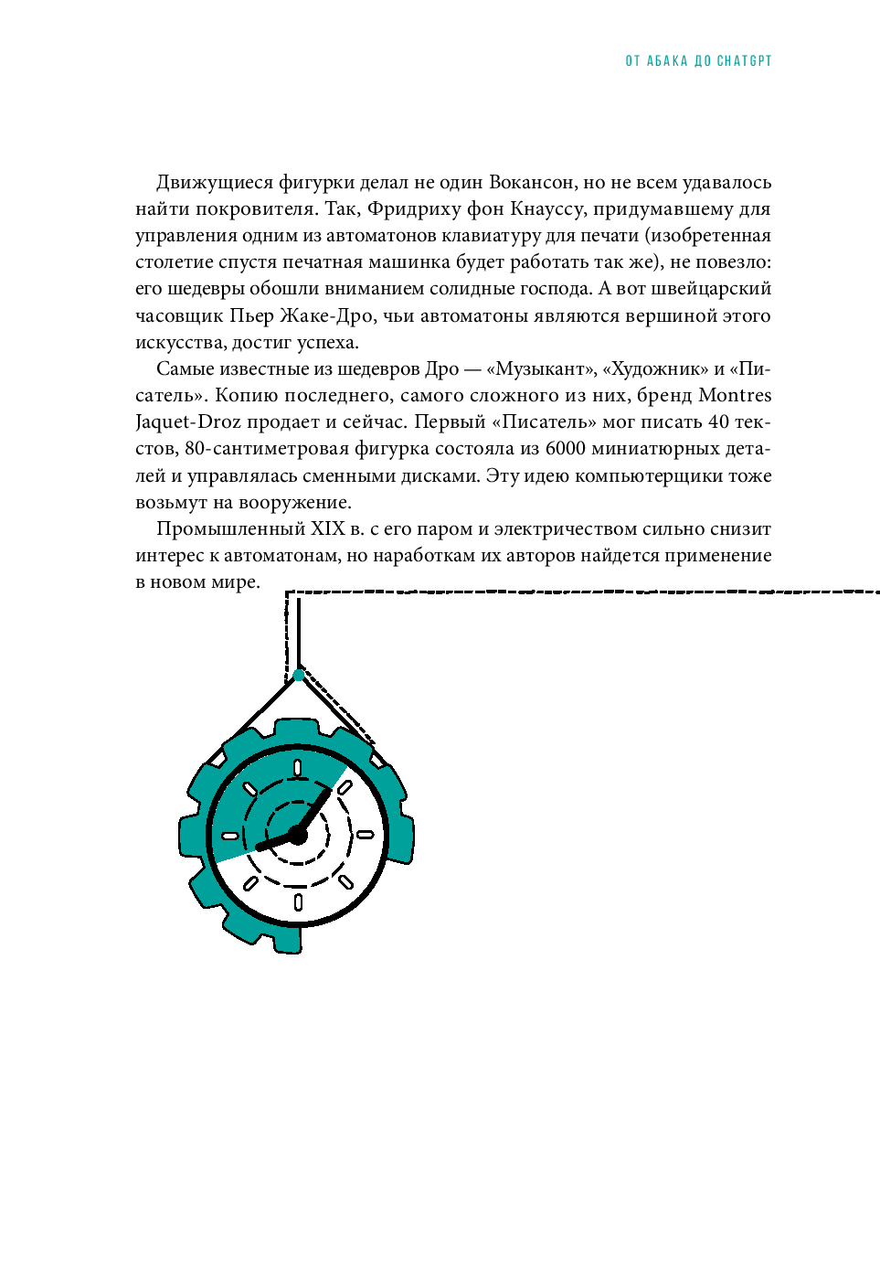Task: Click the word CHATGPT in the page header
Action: [x=744, y=61]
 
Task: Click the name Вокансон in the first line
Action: [x=532, y=182]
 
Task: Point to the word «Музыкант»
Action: [x=540, y=368]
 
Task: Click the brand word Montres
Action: [x=735, y=395]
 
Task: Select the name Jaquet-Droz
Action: [x=188, y=421]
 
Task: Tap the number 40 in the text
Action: [x=718, y=421]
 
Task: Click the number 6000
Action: [x=567, y=448]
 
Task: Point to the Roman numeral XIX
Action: [x=328, y=528]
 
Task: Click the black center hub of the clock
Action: [x=297, y=835]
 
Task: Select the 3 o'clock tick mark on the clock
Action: [x=365, y=835]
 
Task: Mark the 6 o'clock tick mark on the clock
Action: [x=298, y=902]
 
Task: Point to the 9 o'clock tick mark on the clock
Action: [x=230, y=836]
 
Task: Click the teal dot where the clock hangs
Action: [x=298, y=675]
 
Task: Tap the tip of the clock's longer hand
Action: [x=329, y=790]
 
